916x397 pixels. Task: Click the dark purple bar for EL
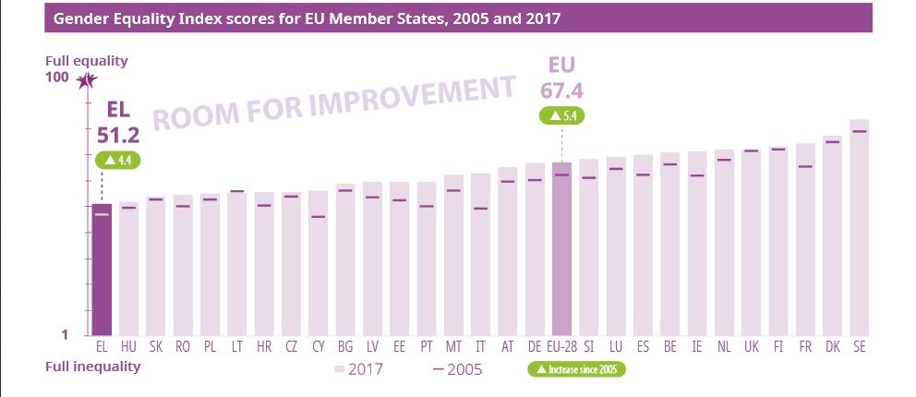point(102,270)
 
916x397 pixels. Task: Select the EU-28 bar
point(561,249)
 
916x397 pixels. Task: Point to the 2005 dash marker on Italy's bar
point(480,209)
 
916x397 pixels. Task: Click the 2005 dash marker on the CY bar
point(318,217)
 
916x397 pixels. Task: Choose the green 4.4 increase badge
point(118,160)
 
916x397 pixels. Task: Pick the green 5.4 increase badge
point(561,116)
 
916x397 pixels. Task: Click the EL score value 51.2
point(117,135)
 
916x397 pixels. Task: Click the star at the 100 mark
point(87,80)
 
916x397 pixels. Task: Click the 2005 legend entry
point(458,369)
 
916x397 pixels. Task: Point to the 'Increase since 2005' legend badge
point(576,369)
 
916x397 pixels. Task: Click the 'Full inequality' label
point(93,367)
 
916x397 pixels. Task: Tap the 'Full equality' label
point(87,61)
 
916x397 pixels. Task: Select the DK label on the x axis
point(832,346)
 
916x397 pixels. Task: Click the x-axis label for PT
point(426,346)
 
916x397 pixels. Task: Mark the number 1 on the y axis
point(65,335)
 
